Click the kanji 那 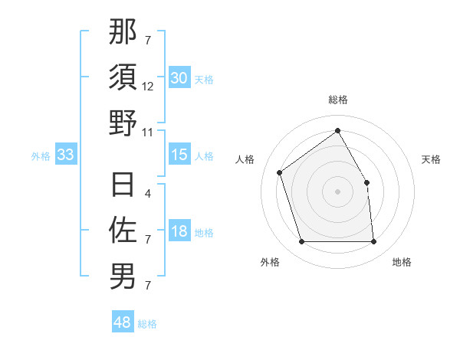tap(123, 33)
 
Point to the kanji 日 tap(123, 185)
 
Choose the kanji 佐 tap(123, 229)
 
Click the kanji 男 tap(123, 275)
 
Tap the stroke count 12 tap(148, 87)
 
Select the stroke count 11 tap(148, 132)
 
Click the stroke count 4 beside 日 tap(147, 194)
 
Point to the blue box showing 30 tap(179, 77)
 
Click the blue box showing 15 tap(179, 155)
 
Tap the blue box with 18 tap(179, 232)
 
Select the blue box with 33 tap(65, 155)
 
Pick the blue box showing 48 tap(123, 322)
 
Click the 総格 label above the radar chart tap(337, 100)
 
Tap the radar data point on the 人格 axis tap(280, 172)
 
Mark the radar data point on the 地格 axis tap(373, 242)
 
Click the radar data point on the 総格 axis tap(337, 131)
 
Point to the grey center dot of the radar tap(337, 191)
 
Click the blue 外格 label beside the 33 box tap(41, 156)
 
